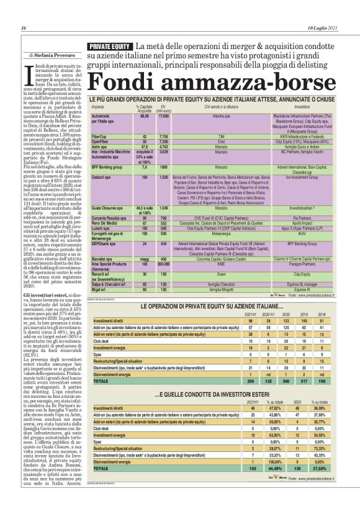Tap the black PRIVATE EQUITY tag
(109, 47)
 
